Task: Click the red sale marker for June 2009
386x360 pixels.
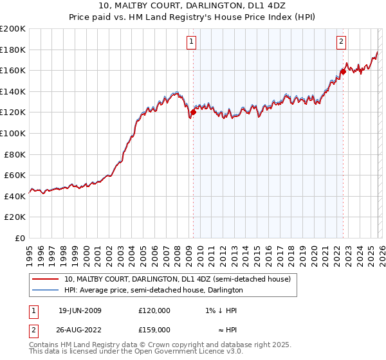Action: (193, 112)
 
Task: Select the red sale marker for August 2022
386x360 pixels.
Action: (343, 71)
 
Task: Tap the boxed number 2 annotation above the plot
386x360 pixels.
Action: (341, 42)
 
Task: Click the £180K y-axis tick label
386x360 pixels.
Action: (12, 50)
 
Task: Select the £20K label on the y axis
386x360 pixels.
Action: (14, 217)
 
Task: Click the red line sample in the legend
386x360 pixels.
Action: (46, 280)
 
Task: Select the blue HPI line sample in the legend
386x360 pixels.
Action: (46, 290)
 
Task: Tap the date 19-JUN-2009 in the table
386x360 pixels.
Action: (80, 310)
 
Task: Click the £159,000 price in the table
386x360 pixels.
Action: (154, 330)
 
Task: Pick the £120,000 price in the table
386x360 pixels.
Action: (154, 310)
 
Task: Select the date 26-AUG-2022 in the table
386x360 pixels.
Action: (80, 330)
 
